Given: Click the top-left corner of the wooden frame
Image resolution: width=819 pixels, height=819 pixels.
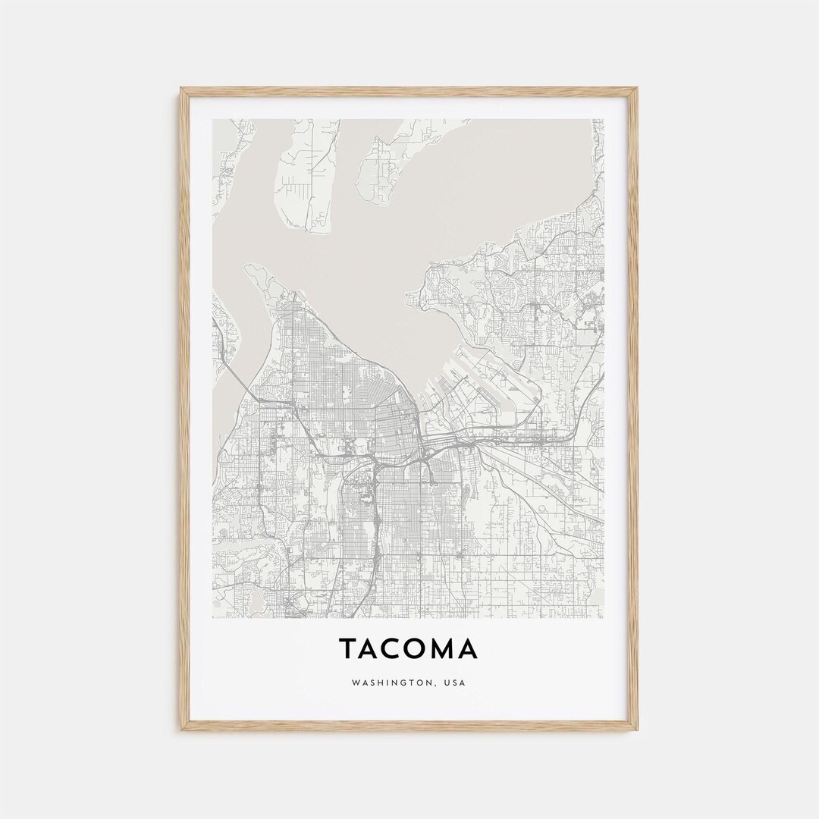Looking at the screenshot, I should [182, 89].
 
